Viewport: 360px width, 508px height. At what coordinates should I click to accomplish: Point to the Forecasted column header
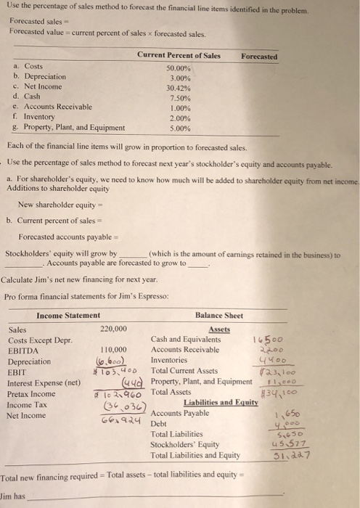[x=258, y=56]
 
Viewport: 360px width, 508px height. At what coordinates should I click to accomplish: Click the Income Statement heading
[x=68, y=315]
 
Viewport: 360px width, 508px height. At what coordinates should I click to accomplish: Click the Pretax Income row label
[x=31, y=394]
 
